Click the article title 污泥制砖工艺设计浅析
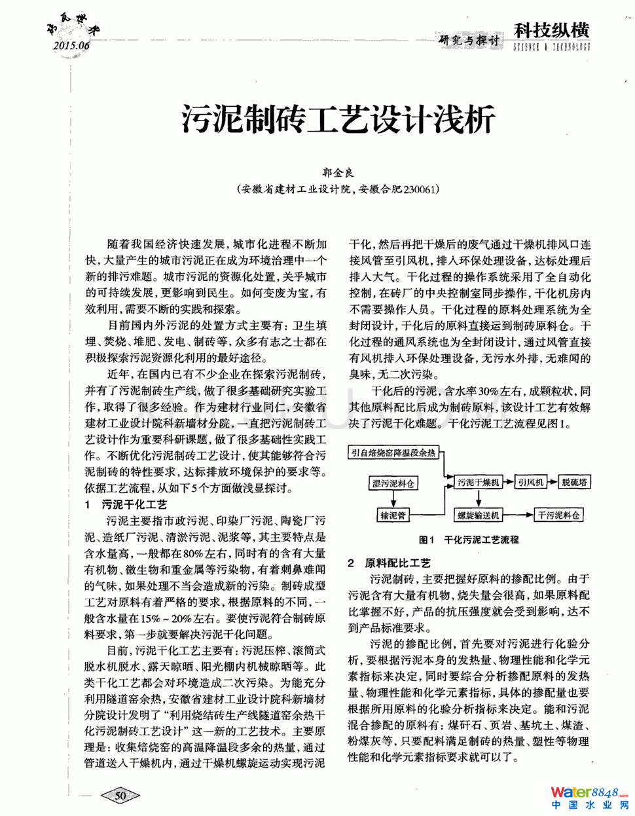pos(338,120)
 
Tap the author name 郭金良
pos(338,172)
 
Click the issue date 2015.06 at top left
pos(71,45)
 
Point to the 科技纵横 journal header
pos(551,31)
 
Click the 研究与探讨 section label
pos(469,41)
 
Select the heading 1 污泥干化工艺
pos(126,504)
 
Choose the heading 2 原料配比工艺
pos(390,563)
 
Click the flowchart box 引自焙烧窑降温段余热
pos(393,453)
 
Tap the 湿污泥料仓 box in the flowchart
pos(393,483)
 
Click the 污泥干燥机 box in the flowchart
pos(478,483)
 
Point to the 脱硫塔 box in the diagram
pos(574,483)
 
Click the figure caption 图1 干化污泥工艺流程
pos(469,540)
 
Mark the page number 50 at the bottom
pos(120,796)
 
